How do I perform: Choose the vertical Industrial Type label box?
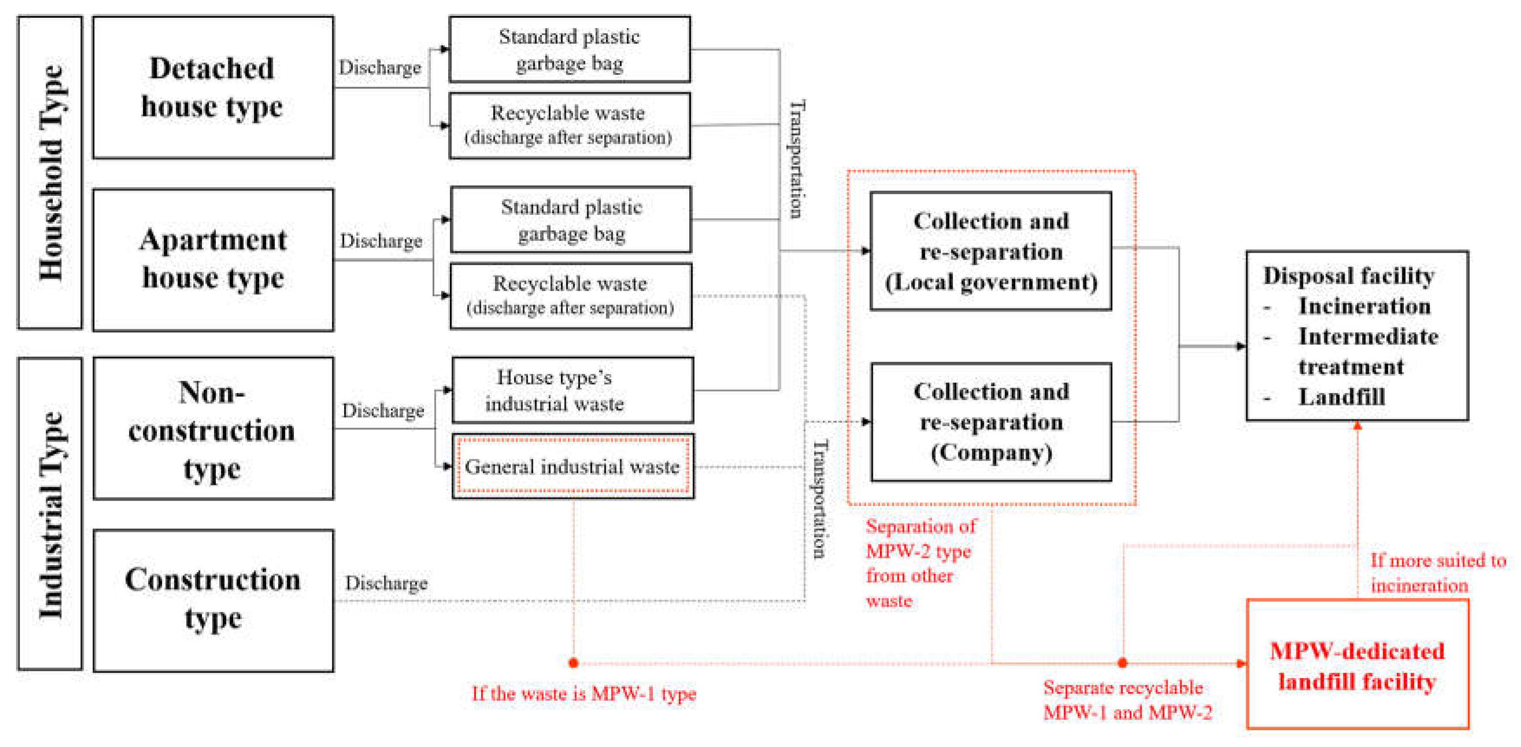pyautogui.click(x=50, y=513)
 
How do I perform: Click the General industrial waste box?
pyautogui.click(x=573, y=467)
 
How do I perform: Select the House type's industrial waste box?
pyautogui.click(x=573, y=390)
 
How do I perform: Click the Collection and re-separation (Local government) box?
pyautogui.click(x=991, y=251)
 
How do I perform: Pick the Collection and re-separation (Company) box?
pyautogui.click(x=991, y=422)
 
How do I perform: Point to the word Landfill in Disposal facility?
pyautogui.click(x=1342, y=397)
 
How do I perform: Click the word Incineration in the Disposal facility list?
pyautogui.click(x=1365, y=306)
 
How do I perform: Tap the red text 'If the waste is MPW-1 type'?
pyautogui.click(x=584, y=693)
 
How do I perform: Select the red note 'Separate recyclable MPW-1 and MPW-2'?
pyautogui.click(x=1127, y=700)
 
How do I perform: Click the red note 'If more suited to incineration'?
pyautogui.click(x=1438, y=572)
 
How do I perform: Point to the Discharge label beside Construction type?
pyautogui.click(x=386, y=583)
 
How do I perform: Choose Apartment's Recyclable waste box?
pyautogui.click(x=571, y=296)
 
